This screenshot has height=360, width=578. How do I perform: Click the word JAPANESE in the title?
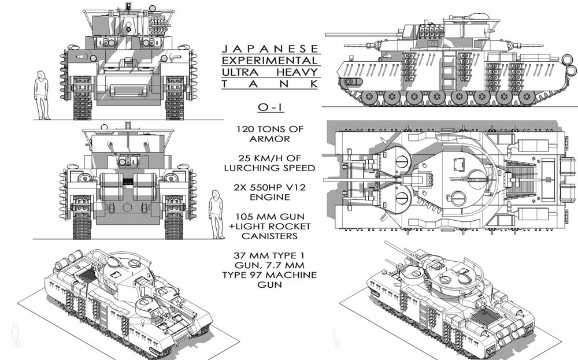tap(270, 49)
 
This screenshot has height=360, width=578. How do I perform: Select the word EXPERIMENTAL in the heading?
tap(270, 61)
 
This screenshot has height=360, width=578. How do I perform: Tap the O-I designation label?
tap(270, 107)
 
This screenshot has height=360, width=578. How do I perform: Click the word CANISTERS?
tap(270, 236)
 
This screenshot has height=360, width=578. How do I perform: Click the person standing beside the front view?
tap(41, 95)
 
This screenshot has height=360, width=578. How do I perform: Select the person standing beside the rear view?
tap(216, 214)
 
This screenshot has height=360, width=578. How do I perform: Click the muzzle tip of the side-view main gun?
tap(326, 35)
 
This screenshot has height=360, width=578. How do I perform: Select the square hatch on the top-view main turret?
tap(458, 162)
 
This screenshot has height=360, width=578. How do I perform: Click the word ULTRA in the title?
tap(240, 72)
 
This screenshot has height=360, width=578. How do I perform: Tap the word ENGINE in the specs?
tap(270, 197)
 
